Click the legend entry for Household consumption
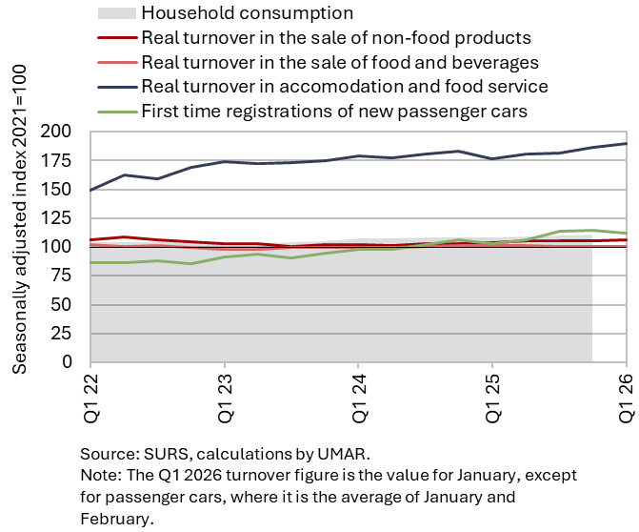pos(247,13)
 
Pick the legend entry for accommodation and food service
pos(344,87)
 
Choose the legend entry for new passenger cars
pos(333,111)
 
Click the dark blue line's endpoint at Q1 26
pos(626,143)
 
